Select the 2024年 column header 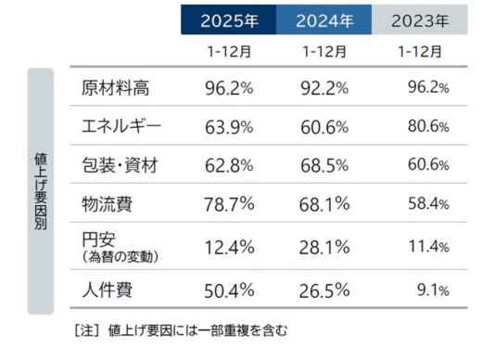325,19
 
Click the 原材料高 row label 116,89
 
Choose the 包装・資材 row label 120,166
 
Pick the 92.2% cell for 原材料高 325,89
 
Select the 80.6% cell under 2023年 427,127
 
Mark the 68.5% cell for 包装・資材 325,166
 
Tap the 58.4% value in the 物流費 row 427,203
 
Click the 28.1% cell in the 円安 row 325,247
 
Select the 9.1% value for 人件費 431,290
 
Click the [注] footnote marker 83,328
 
